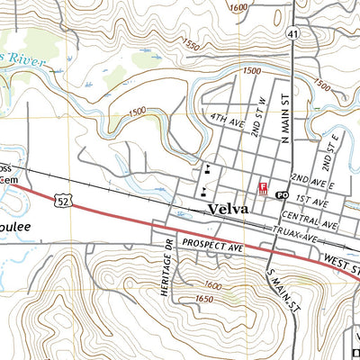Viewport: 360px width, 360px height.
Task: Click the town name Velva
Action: [x=229, y=209]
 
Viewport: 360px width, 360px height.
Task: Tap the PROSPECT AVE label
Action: [x=213, y=243]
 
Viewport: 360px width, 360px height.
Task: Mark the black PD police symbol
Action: [x=281, y=194]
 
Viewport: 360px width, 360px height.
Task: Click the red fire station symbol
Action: [x=263, y=187]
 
